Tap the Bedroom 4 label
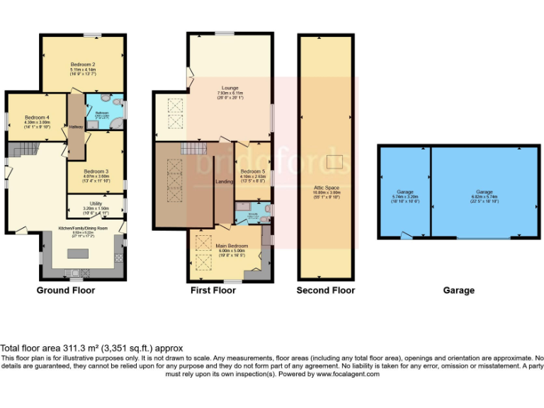click(38, 118)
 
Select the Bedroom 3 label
click(96, 171)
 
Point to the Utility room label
click(96, 204)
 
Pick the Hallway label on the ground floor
click(75, 127)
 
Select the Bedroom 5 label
click(252, 172)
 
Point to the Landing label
click(224, 182)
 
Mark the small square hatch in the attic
click(334, 162)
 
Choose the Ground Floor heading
click(66, 290)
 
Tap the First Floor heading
click(213, 290)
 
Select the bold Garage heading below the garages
click(458, 290)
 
